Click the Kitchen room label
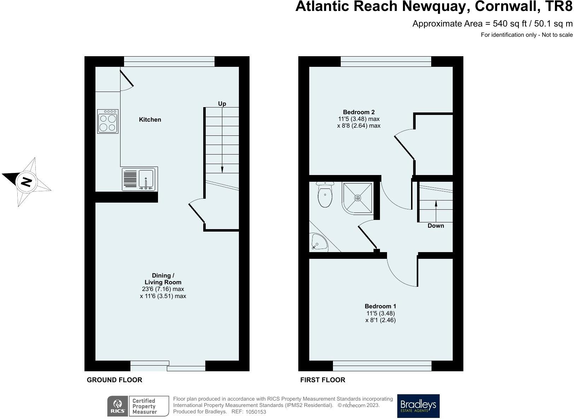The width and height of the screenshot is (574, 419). tap(150, 120)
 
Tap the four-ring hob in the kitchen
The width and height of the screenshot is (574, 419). tap(108, 121)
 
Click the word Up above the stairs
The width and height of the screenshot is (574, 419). tap(222, 104)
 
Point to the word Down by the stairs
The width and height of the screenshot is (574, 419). tap(435, 226)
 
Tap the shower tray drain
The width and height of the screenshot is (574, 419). tap(358, 198)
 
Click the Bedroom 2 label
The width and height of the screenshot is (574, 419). tap(358, 112)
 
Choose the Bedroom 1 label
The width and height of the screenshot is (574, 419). tap(380, 306)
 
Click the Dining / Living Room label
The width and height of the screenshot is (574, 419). tap(163, 279)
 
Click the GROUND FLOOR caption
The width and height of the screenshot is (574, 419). tap(115, 380)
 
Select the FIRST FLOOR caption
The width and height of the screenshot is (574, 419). tap(322, 380)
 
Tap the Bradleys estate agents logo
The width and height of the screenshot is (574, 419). tap(418, 406)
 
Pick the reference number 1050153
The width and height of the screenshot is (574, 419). tap(256, 412)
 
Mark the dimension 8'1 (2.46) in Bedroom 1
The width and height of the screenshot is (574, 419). tap(380, 320)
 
